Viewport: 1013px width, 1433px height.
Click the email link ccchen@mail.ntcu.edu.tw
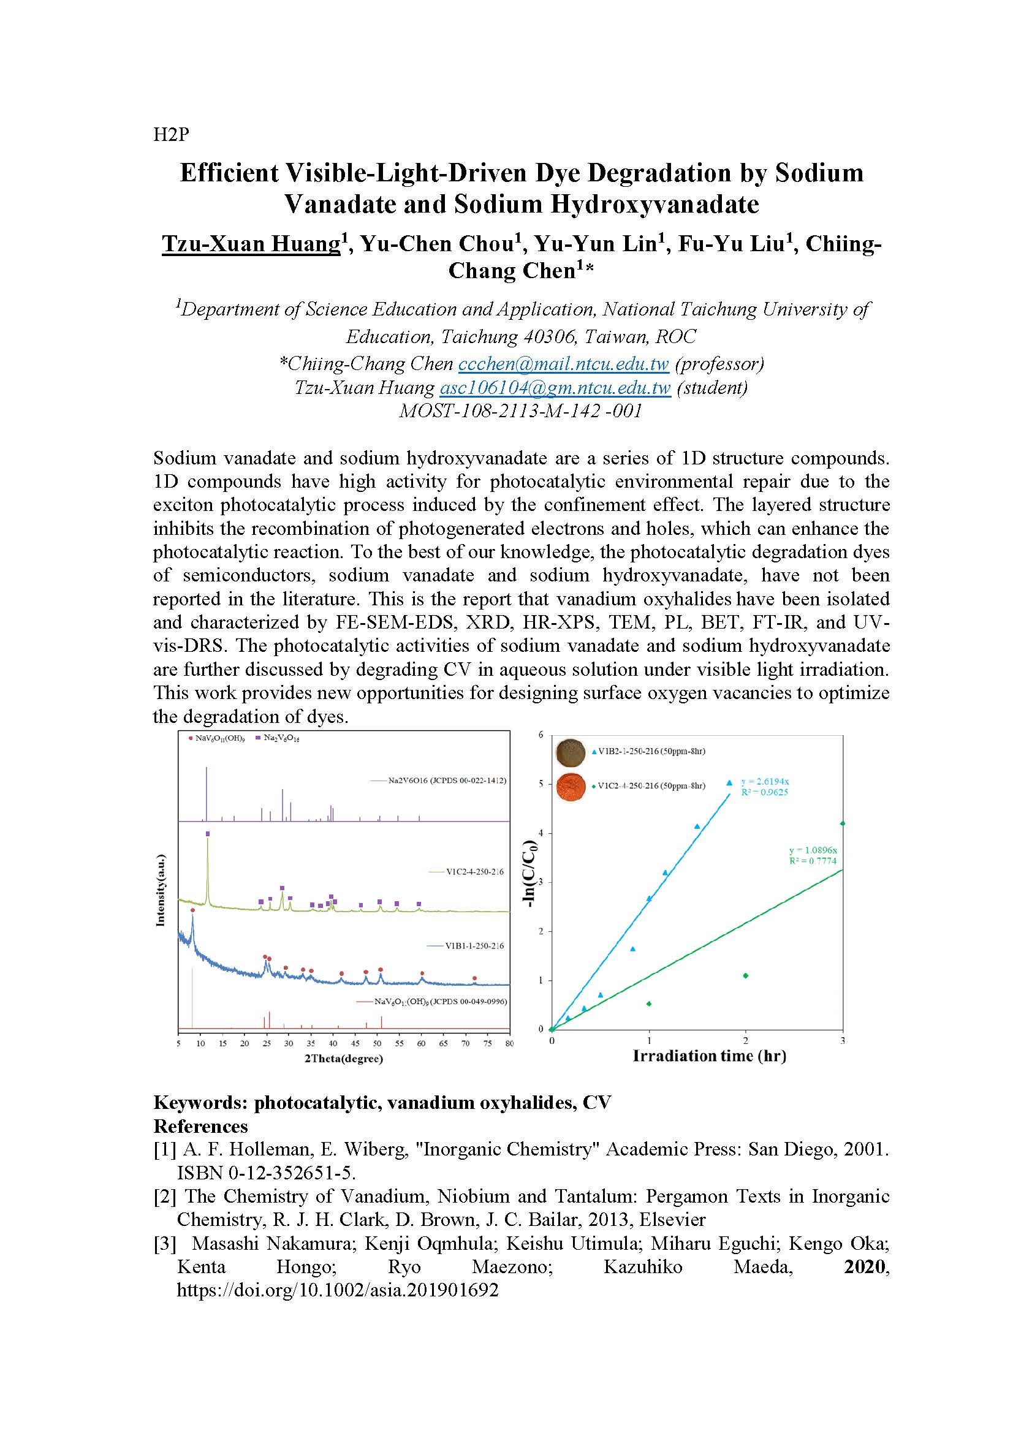pos(563,363)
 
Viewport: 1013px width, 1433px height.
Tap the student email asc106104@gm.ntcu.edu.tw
pos(555,388)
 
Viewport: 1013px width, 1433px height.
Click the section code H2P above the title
pos(170,134)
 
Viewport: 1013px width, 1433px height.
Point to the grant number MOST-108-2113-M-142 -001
pos(520,411)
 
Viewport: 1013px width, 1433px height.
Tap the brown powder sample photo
pos(571,752)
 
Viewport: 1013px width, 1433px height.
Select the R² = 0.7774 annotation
pos(812,861)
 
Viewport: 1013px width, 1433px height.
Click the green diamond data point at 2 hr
pos(745,975)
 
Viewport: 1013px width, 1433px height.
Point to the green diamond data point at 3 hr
pos(843,823)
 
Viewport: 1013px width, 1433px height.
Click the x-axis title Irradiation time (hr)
pos(709,1056)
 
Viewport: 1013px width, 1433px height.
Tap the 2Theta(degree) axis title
pos(343,1059)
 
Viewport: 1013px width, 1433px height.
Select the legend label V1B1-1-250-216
pos(474,945)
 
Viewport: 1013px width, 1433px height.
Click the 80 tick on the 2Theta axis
pos(510,1043)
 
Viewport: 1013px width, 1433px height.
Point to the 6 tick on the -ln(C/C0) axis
pos(541,735)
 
